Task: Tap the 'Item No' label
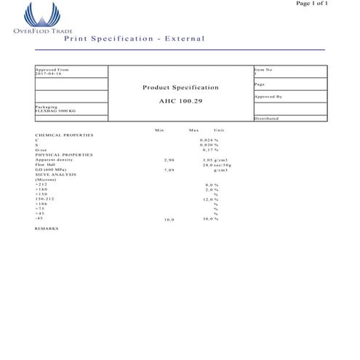[x=263, y=70]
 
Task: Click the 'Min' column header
[x=159, y=129]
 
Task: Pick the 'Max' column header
[x=193, y=129]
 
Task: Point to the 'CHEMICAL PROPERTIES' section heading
[x=64, y=135]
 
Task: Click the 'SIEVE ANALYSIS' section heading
[x=57, y=175]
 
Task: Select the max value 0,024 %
[x=209, y=140]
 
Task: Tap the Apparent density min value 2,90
[x=169, y=159]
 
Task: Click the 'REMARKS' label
[x=47, y=228]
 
